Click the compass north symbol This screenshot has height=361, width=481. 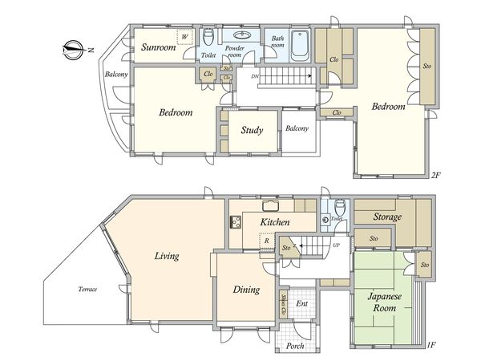click(x=73, y=50)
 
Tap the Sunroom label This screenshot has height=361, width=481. click(x=158, y=47)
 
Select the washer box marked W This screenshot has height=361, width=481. click(x=185, y=37)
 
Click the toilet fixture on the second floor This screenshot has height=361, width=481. click(x=208, y=37)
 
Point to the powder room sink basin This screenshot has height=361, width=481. click(x=242, y=34)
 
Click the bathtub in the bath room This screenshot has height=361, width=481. click(x=301, y=45)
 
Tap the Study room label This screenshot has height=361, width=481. click(x=252, y=130)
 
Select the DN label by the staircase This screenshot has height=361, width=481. click(x=255, y=76)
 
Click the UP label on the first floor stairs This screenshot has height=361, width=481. click(x=336, y=245)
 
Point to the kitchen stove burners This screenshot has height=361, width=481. click(x=236, y=222)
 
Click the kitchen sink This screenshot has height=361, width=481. click(x=271, y=205)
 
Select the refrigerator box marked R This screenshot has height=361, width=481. click(x=267, y=241)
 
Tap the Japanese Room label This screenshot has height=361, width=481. click(x=384, y=302)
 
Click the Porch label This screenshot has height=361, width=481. click(x=295, y=346)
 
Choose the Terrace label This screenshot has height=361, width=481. click(x=87, y=289)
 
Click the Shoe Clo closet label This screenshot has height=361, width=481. click(x=284, y=304)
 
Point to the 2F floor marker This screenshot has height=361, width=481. click(x=435, y=175)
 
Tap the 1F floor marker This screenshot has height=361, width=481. click(x=431, y=345)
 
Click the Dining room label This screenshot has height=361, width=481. click(x=246, y=290)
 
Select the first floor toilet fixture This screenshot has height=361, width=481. click(x=340, y=207)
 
